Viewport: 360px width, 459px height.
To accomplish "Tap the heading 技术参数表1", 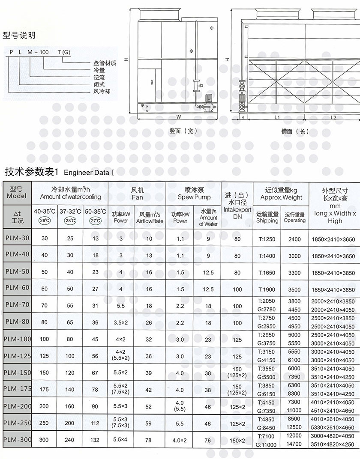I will pos(31,172).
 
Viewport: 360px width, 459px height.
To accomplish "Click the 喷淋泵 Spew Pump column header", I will pos(194,194).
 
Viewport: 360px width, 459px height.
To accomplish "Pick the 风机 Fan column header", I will pos(137,194).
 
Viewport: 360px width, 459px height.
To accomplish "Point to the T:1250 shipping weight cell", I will pos(267,239).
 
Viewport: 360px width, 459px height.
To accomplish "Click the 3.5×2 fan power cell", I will pos(121,323).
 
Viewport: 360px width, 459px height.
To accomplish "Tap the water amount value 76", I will pos(208,440).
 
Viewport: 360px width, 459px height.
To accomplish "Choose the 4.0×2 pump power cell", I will pos(180,440).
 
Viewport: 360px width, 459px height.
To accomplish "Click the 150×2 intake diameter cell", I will pos(237,440).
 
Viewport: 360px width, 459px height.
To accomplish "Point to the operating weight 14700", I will pos(294,444).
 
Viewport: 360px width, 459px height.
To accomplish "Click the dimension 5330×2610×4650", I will pos(333,427).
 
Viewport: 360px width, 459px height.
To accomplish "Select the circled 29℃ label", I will pos(44,221).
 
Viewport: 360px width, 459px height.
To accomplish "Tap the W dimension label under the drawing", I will pos(178,116).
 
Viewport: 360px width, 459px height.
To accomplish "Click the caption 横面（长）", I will pos(295,131).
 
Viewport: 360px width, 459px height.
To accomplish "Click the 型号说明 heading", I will pos(19,35).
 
